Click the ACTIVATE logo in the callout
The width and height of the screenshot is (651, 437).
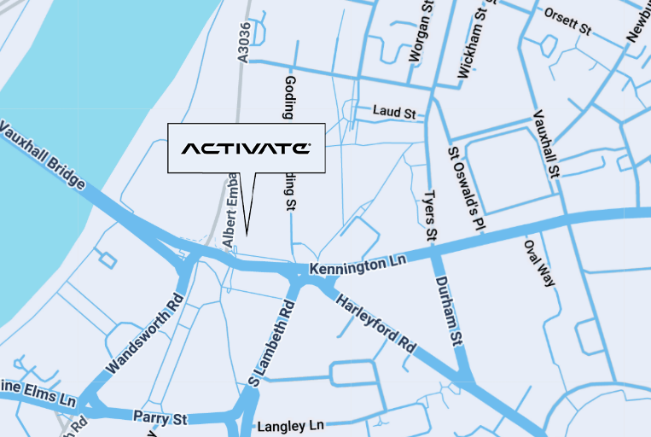[246, 149]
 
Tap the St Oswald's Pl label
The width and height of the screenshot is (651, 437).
[466, 187]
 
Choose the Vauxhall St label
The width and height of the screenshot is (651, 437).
[545, 143]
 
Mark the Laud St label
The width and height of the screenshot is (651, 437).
[393, 112]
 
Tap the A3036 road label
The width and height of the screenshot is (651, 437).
[245, 43]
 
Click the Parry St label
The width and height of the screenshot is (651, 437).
[160, 417]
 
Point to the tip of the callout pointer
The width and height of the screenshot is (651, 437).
[247, 234]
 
